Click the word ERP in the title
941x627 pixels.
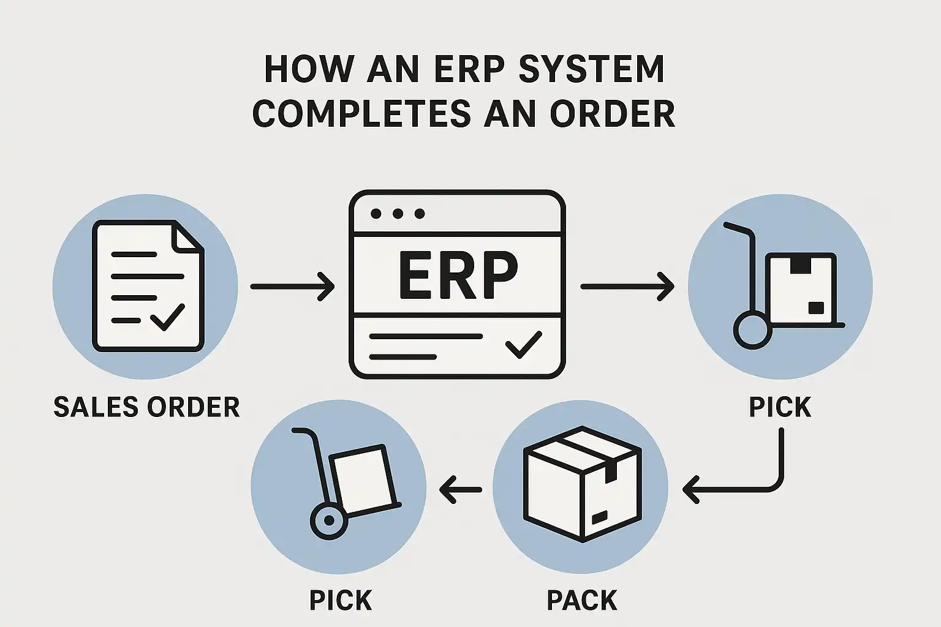[469, 69]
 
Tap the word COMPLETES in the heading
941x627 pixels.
[362, 114]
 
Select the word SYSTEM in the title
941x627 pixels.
[591, 69]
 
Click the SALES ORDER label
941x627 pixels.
[146, 408]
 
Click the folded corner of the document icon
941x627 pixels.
[187, 236]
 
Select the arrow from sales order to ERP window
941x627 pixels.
[292, 286]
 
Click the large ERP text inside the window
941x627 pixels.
[458, 276]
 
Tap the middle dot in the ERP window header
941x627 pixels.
[398, 214]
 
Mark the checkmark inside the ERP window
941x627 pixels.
[524, 344]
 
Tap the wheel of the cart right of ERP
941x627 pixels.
[752, 330]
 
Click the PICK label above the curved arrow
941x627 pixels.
[780, 408]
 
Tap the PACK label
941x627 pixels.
[581, 601]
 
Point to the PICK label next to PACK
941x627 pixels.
[341, 601]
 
